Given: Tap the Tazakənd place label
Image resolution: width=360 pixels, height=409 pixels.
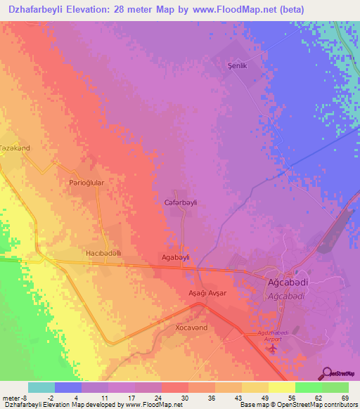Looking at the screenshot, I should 15,148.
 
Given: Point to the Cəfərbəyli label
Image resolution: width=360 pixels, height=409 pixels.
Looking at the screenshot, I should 181,202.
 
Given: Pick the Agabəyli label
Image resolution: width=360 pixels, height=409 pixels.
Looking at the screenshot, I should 176,257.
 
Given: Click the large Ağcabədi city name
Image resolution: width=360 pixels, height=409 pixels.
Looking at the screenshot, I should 286,283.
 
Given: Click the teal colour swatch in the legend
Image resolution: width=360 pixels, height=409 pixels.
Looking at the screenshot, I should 41,387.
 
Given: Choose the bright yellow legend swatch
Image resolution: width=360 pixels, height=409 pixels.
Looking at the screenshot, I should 281,387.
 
